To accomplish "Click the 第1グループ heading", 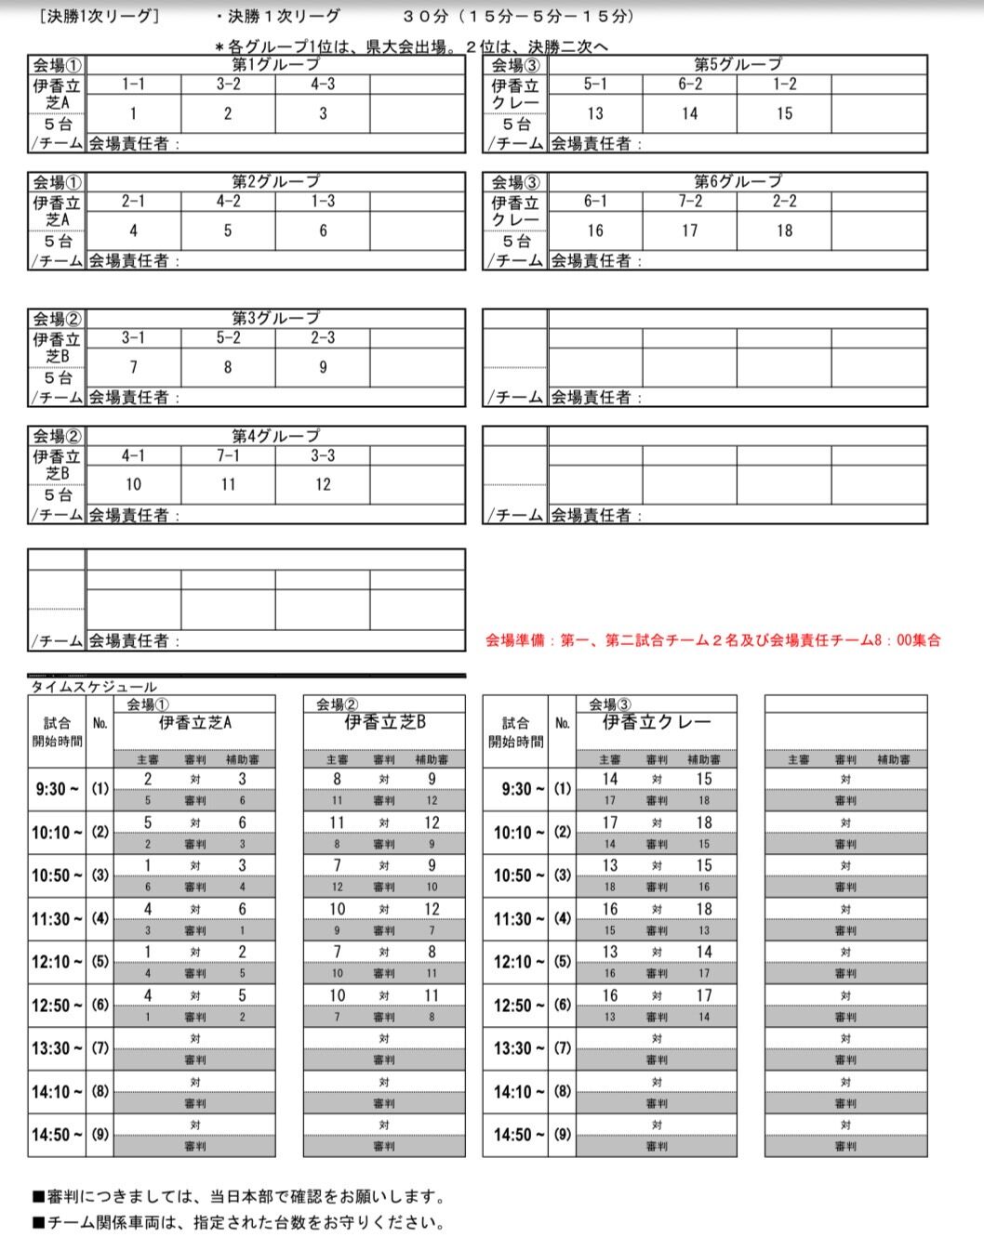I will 275,64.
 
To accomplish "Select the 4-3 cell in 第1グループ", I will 323,85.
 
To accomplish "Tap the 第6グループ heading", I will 738,181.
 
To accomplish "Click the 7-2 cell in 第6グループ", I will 689,202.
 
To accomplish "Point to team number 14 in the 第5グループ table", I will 689,113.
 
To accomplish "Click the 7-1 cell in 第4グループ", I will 228,456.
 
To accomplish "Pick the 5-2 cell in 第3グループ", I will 228,338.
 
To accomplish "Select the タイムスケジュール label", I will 94,687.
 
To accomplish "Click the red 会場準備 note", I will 712,640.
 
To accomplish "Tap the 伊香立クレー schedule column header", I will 657,722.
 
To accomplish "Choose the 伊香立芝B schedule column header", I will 384,722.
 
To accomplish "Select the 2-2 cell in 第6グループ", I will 784,202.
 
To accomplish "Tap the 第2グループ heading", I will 275,181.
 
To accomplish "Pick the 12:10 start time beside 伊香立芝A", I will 57,962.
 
